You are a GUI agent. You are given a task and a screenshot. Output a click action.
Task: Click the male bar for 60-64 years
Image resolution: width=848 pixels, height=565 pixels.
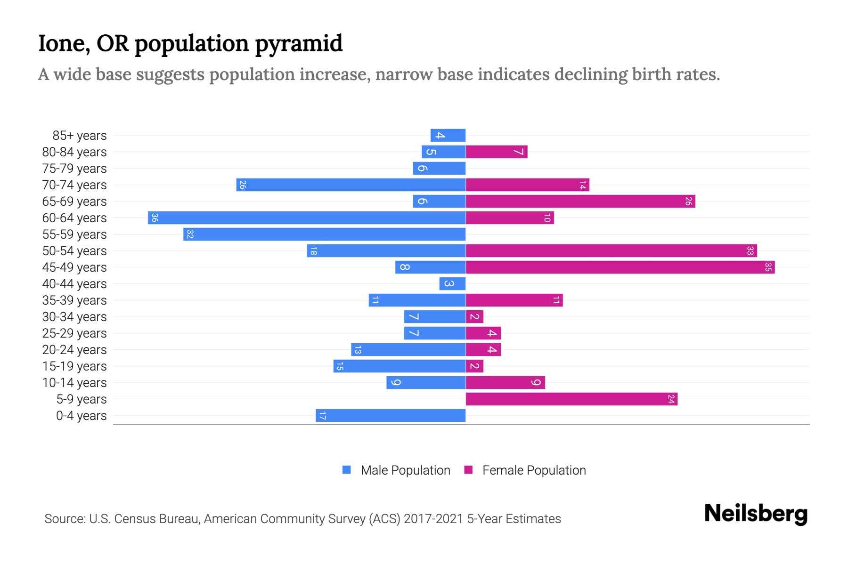(x=306, y=218)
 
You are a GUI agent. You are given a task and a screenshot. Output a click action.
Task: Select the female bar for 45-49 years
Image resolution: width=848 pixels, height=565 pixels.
(x=620, y=267)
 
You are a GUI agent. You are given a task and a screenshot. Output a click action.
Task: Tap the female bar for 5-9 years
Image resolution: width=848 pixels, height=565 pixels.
(x=571, y=399)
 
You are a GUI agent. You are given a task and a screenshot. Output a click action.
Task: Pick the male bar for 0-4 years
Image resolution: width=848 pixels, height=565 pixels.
(x=391, y=416)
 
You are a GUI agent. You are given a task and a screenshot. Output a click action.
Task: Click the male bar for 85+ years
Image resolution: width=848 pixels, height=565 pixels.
(x=448, y=136)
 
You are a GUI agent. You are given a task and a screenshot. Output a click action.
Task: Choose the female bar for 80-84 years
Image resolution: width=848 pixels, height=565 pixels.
(x=497, y=152)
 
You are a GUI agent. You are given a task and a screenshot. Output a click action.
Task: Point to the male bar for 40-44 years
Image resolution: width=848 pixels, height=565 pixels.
(x=452, y=284)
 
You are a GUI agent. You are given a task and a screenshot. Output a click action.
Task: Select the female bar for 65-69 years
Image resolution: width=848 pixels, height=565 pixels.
(x=580, y=202)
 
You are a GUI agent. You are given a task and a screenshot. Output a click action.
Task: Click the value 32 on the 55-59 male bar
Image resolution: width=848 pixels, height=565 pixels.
(x=190, y=234)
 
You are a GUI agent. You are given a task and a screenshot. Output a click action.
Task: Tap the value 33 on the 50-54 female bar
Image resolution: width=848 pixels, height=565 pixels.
(x=750, y=251)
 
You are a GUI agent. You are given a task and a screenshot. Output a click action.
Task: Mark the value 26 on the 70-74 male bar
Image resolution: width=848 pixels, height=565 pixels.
(x=243, y=185)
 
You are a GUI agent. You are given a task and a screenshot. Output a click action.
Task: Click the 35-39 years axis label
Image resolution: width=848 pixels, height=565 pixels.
(x=74, y=300)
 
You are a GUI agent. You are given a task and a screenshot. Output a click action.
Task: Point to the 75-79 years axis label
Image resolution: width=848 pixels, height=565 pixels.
(x=74, y=169)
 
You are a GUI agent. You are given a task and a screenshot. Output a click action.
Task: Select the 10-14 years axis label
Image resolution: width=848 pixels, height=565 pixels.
(x=74, y=383)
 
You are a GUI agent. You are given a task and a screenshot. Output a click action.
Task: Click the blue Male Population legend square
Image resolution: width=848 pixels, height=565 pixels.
(x=347, y=470)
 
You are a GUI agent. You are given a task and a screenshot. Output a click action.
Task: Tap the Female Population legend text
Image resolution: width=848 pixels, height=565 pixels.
(x=534, y=470)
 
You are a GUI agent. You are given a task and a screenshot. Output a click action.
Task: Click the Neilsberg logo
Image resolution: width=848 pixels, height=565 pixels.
(x=756, y=513)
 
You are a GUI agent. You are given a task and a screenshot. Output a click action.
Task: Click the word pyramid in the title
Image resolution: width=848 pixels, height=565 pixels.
(x=299, y=44)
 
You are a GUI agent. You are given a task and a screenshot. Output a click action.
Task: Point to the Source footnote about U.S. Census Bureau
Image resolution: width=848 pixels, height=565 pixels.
(x=302, y=519)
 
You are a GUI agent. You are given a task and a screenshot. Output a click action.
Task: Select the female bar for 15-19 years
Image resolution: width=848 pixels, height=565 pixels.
(x=474, y=366)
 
